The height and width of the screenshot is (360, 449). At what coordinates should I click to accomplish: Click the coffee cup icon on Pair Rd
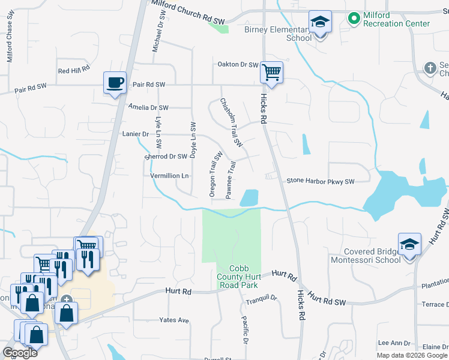(115, 82)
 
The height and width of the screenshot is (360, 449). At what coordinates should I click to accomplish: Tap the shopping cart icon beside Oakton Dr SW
(271, 73)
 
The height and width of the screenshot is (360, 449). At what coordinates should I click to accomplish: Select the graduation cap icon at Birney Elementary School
(321, 23)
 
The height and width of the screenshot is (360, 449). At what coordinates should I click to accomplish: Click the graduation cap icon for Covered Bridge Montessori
(409, 245)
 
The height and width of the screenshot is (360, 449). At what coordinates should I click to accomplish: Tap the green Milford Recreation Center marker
(354, 19)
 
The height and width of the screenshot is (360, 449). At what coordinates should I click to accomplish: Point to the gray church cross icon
(430, 68)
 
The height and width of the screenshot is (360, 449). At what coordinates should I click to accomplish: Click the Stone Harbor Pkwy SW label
(321, 181)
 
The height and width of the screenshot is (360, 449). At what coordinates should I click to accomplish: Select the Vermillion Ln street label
(170, 176)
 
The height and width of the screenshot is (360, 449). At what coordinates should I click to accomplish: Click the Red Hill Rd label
(74, 70)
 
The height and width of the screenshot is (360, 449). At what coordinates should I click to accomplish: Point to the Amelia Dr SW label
(148, 107)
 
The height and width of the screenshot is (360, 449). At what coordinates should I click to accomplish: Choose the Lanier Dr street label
(135, 134)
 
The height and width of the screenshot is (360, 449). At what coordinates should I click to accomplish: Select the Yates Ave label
(175, 320)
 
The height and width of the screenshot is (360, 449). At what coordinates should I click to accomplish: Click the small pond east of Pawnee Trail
(249, 197)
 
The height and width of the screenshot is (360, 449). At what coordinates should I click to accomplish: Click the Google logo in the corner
(20, 353)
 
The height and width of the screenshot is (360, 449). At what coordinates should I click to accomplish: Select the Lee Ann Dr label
(394, 343)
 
